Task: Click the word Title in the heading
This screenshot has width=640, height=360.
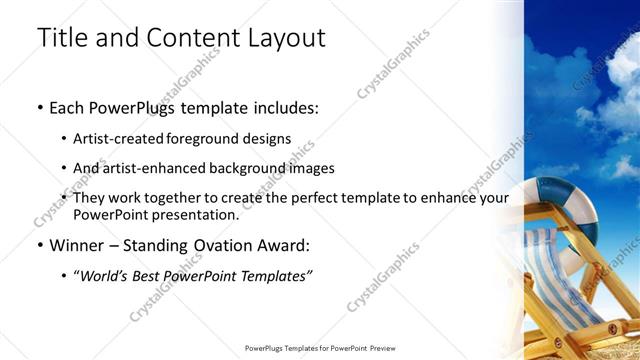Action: click(62, 38)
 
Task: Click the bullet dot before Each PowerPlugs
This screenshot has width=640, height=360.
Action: click(39, 107)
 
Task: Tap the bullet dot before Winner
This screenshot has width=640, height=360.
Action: click(39, 245)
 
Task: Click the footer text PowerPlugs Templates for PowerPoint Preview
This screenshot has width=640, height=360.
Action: click(319, 349)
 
